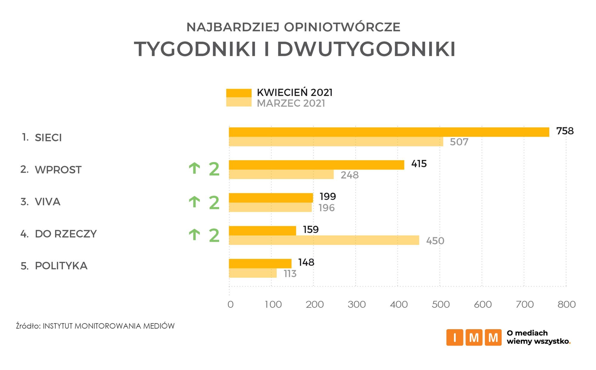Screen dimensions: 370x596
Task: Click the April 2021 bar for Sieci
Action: tap(389, 132)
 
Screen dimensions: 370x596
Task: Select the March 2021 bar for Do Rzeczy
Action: tap(324, 240)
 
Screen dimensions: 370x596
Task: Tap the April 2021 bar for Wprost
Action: tap(316, 165)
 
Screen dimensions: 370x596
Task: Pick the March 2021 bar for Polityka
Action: tap(253, 273)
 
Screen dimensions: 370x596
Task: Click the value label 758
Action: tap(565, 131)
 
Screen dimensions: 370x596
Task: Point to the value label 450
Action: tap(435, 241)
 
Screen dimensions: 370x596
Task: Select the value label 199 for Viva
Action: tap(328, 197)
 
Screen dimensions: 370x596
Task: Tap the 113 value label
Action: tap(290, 273)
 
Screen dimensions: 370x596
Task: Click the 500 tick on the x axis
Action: tap(441, 304)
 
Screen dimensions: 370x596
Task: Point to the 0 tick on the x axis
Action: tap(230, 304)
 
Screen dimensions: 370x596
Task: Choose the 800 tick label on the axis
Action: tap(567, 304)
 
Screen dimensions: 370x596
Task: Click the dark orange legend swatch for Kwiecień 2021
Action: tap(239, 93)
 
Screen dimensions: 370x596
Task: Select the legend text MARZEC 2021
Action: tap(291, 103)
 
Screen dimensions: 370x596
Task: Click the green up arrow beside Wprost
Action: tap(194, 169)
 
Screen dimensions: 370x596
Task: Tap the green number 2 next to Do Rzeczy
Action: tap(214, 235)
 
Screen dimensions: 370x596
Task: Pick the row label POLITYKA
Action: tap(61, 266)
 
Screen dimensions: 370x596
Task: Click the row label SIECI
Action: tap(48, 138)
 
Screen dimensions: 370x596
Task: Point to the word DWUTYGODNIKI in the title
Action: tap(366, 49)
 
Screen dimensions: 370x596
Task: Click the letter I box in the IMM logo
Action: tap(454, 338)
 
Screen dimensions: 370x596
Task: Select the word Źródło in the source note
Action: tap(28, 326)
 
